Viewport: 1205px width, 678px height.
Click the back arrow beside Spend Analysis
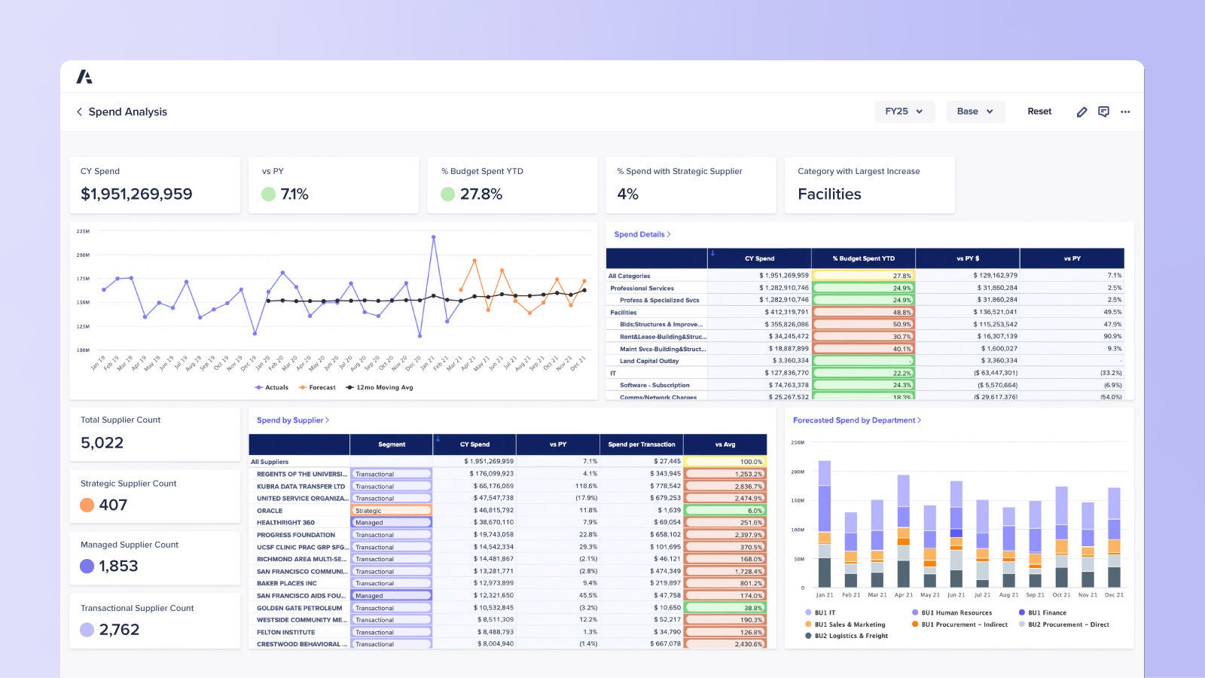tap(79, 111)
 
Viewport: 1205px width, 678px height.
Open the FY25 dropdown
tap(904, 111)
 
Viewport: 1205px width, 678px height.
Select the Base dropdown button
tap(975, 111)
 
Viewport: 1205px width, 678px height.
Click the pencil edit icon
tap(1081, 111)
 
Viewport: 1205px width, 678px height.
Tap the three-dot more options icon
tap(1125, 111)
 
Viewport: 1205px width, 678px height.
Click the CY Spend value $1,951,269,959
tap(136, 194)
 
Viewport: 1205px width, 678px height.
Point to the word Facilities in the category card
tap(829, 194)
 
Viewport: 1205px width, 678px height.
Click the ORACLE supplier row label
tap(270, 511)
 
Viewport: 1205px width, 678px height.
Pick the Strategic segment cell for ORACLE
tap(391, 511)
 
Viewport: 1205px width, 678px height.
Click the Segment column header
tap(392, 444)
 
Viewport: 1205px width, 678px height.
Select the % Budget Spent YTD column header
tap(863, 258)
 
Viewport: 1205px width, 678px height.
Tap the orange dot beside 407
tap(87, 505)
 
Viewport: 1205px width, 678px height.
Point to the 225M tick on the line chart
tap(83, 231)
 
